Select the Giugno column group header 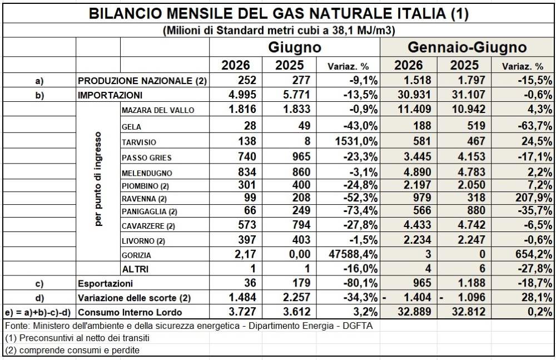[295, 47]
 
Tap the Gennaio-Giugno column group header [467, 47]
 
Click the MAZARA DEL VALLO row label [158, 110]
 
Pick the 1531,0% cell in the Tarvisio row [356, 141]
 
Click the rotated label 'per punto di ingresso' [98, 179]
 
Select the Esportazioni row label [105, 283]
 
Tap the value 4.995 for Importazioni [242, 95]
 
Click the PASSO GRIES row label [146, 157]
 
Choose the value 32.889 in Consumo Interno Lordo [414, 312]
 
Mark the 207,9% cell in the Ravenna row [534, 198]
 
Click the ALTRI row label [135, 269]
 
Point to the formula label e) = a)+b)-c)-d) [38, 312]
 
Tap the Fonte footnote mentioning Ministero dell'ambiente [189, 326]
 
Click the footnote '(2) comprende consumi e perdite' [72, 351]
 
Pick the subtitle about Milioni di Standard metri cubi [279, 31]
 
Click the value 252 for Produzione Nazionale [247, 80]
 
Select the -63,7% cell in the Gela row [535, 126]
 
